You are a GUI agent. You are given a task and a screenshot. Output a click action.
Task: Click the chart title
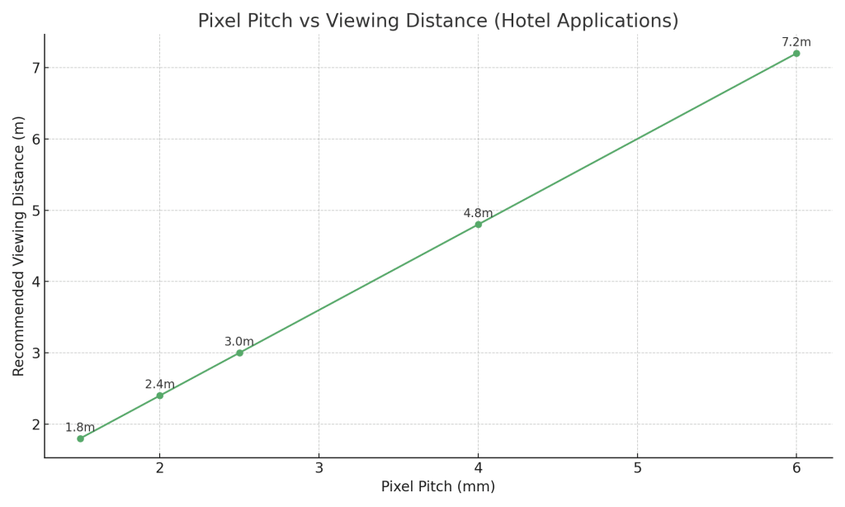437,21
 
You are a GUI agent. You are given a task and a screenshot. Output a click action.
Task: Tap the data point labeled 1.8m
80,438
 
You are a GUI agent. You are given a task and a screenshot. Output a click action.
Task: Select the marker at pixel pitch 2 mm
160,396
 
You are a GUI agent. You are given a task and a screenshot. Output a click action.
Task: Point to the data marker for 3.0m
239,353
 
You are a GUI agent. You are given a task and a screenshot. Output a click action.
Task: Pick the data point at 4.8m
478,225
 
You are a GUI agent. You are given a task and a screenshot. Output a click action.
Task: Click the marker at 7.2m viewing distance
796,54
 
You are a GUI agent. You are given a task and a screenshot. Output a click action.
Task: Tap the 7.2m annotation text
796,42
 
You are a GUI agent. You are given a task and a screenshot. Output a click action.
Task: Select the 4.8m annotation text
478,213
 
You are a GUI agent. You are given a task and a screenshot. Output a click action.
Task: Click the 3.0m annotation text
239,342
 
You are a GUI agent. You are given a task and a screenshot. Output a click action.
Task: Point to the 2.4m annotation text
160,384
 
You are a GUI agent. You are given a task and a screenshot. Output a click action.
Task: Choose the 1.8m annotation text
80,428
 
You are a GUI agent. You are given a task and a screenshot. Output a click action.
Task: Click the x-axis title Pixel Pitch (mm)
438,487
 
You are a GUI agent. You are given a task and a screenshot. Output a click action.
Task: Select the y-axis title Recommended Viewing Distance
19,246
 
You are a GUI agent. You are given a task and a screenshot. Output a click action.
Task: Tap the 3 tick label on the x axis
319,468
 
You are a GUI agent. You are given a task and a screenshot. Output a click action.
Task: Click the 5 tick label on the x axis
637,468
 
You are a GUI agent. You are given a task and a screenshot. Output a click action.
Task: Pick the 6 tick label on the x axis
796,468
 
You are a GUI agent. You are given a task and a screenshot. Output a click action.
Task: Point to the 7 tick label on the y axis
35,68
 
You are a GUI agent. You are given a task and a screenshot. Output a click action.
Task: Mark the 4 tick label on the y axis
35,282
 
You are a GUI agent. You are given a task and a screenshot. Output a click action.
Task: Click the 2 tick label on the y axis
35,424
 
